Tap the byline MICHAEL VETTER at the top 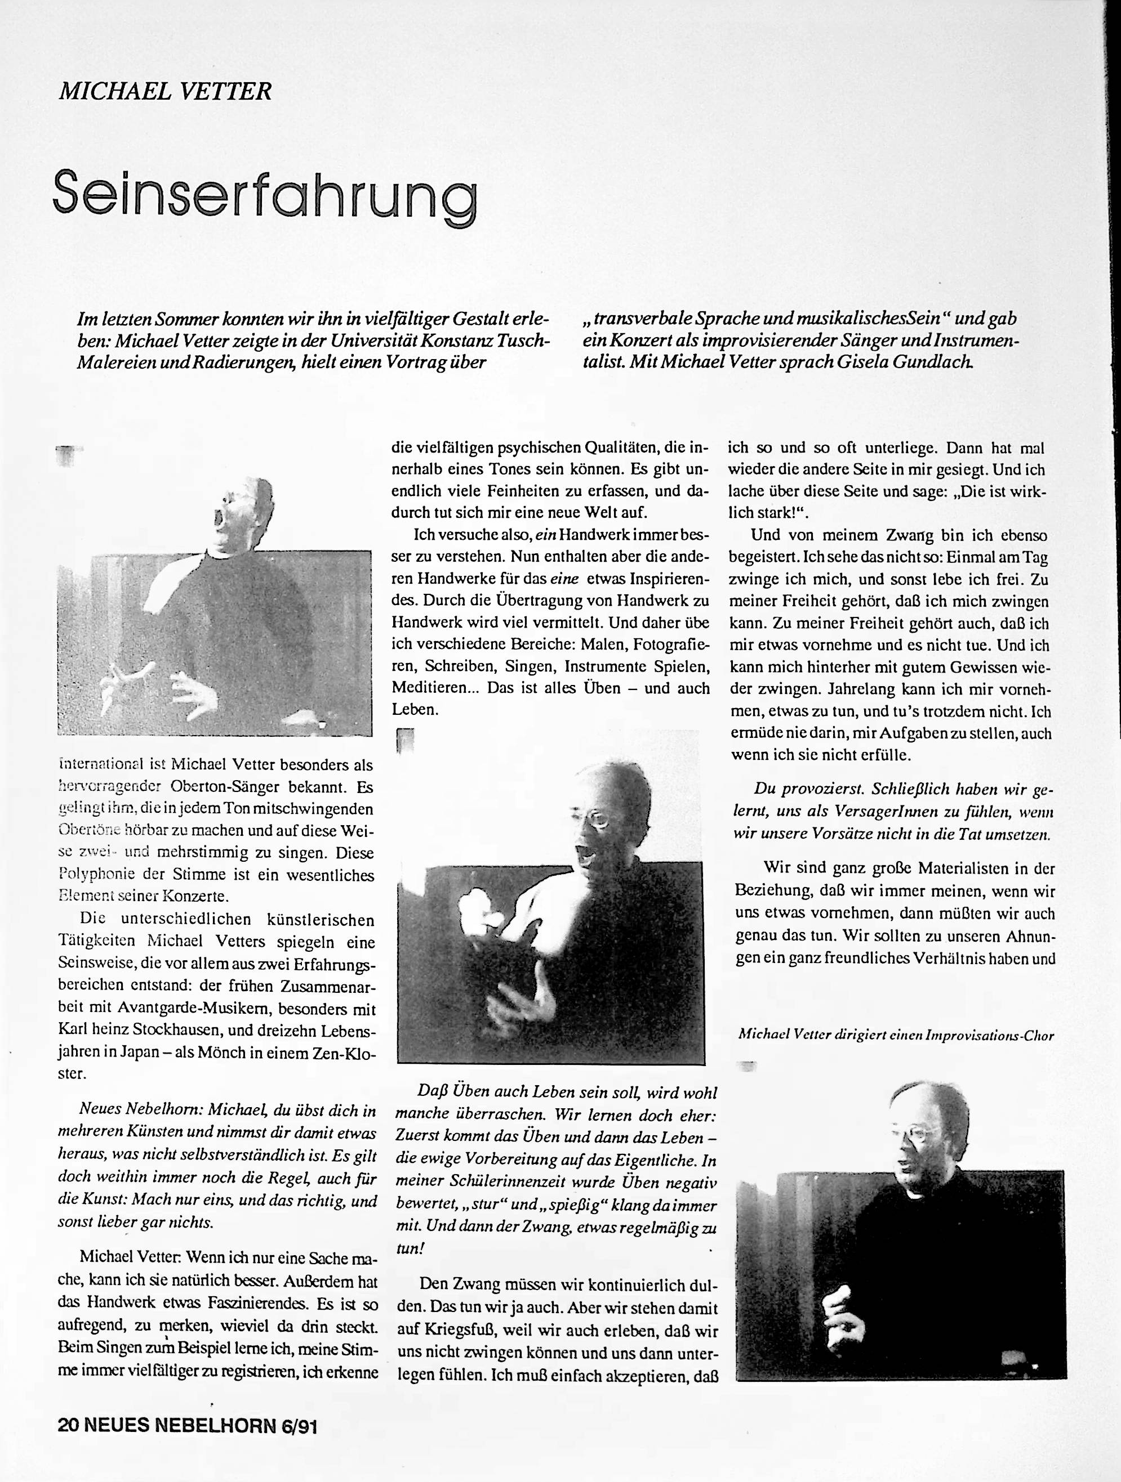(165, 91)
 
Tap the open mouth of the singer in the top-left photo (219, 517)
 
